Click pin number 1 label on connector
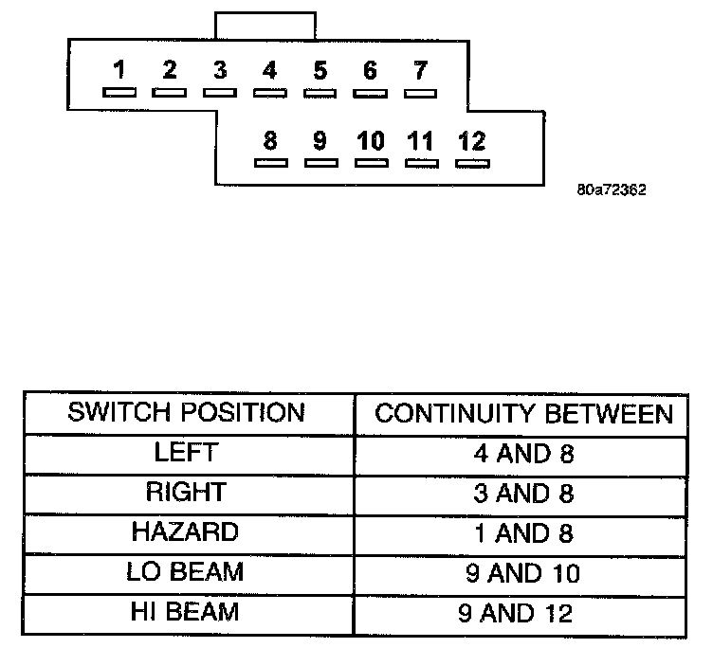click(119, 69)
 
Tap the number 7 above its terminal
click(420, 69)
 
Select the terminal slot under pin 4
click(270, 93)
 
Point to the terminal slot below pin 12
click(471, 163)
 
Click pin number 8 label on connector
click(270, 140)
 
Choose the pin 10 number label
click(371, 140)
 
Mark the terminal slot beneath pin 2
click(170, 93)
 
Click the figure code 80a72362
click(611, 189)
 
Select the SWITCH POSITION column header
click(187, 413)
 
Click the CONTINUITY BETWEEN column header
click(524, 414)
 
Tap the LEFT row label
click(186, 453)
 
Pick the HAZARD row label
click(186, 532)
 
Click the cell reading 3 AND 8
click(524, 493)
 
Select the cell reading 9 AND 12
click(524, 613)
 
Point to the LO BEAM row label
click(186, 572)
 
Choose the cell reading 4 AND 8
click(524, 453)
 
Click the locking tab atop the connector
click(265, 26)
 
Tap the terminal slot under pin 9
click(320, 163)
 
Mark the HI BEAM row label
click(186, 612)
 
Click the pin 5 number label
click(320, 69)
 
